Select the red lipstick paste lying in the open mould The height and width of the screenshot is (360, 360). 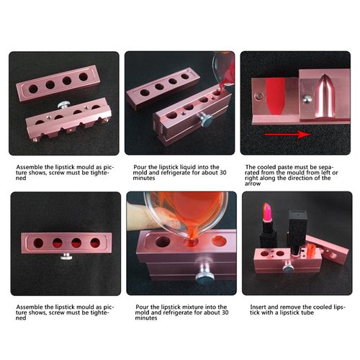click(x=272, y=94)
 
